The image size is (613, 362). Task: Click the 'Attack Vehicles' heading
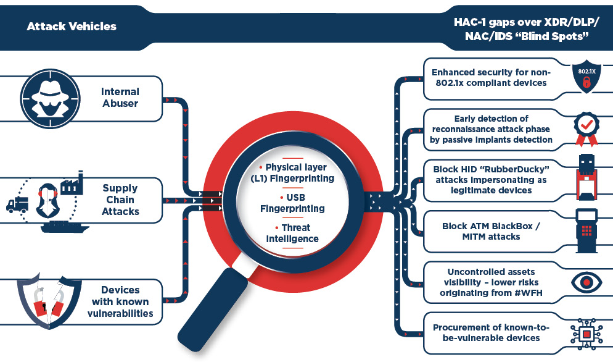tap(72, 27)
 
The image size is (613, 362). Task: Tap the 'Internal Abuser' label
tap(120, 98)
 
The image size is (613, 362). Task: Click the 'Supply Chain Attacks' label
tap(120, 200)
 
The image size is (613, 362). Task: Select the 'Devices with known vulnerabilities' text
tap(120, 301)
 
